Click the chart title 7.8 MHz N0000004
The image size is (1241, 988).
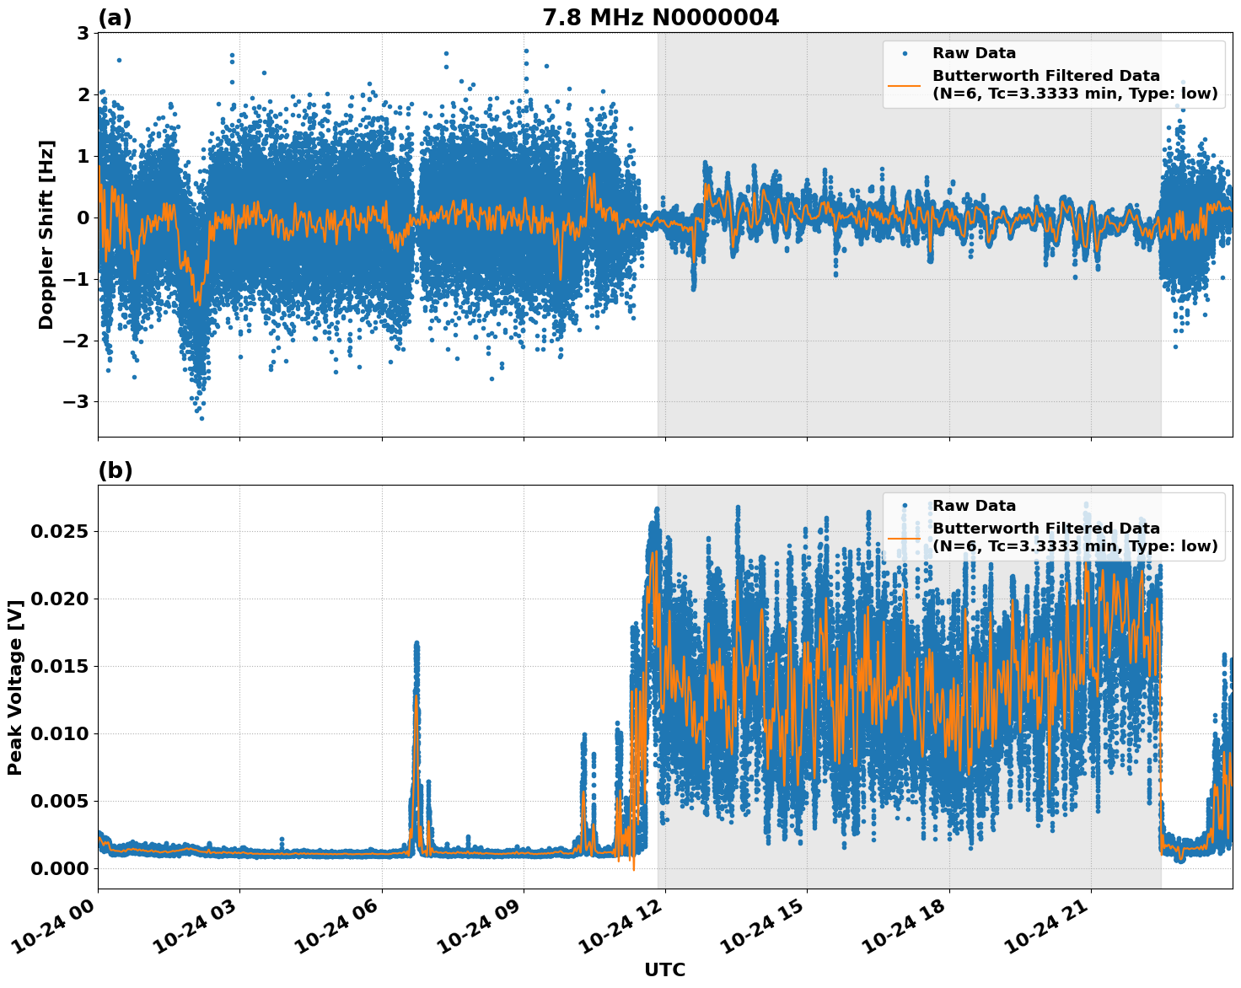point(660,18)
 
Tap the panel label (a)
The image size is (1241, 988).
point(115,18)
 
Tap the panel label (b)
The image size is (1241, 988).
point(115,470)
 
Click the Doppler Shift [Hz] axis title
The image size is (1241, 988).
point(46,234)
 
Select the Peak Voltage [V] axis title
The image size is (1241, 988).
point(15,687)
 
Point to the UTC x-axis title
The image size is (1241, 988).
point(664,969)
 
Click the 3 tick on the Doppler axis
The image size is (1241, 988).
point(83,33)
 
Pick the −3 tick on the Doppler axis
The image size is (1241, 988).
point(76,401)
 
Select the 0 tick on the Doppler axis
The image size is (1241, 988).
point(83,217)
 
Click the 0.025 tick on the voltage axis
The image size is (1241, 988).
point(60,531)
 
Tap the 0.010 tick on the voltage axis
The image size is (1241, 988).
point(60,733)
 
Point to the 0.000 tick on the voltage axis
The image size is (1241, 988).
point(60,868)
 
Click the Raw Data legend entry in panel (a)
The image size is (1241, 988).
point(974,53)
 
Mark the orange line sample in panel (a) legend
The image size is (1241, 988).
point(904,84)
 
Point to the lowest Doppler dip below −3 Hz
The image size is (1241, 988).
point(201,417)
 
